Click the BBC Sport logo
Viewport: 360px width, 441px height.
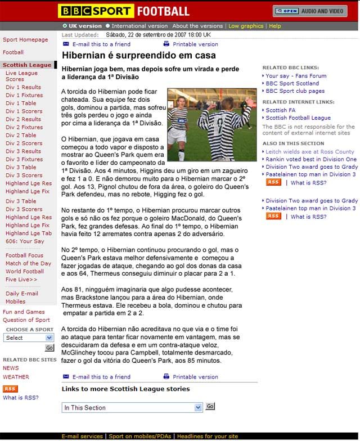(x=96, y=11)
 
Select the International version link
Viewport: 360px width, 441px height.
(x=139, y=26)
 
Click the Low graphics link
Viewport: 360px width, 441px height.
(x=246, y=26)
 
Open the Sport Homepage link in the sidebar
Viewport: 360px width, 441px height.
(x=25, y=40)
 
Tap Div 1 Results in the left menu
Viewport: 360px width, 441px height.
(x=23, y=87)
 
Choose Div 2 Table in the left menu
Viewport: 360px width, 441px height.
(x=21, y=135)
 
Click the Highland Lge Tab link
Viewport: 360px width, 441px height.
(x=29, y=233)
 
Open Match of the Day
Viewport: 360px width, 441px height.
(x=28, y=263)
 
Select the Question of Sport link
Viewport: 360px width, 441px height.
(x=26, y=320)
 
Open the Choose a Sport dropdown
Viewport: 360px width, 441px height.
(x=29, y=337)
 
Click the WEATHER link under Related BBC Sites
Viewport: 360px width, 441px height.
(x=16, y=377)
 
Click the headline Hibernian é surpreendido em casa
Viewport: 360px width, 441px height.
(x=138, y=56)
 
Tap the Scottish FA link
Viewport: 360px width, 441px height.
(x=280, y=110)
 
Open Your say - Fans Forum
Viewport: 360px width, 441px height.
(x=296, y=76)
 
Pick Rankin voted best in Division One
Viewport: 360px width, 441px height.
(x=311, y=159)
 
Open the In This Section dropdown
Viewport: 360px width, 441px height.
(x=132, y=407)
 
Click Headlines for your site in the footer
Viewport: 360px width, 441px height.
(x=208, y=436)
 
